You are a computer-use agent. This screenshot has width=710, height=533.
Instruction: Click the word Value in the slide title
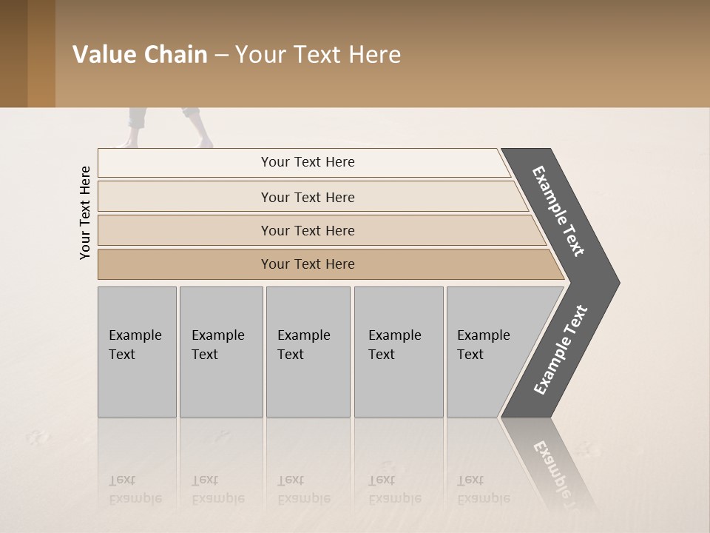click(x=101, y=55)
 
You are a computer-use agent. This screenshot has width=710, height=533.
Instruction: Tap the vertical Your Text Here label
click(x=85, y=212)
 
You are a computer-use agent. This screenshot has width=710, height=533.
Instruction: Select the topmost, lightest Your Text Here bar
click(x=307, y=162)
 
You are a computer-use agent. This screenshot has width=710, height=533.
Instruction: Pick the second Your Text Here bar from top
click(x=307, y=197)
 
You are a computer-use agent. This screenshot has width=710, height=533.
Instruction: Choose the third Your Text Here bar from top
click(x=307, y=230)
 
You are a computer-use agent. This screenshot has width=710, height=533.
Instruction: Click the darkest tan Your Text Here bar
click(x=307, y=264)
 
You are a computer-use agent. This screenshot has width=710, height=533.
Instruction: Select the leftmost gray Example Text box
click(x=137, y=352)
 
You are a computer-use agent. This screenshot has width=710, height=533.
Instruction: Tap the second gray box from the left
click(x=220, y=352)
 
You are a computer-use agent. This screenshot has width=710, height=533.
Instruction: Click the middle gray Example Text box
click(x=308, y=352)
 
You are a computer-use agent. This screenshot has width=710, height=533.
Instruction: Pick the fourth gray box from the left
click(x=398, y=352)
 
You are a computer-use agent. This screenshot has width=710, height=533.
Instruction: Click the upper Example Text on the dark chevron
click(x=558, y=211)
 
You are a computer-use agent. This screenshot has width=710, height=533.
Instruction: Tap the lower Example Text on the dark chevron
click(x=561, y=350)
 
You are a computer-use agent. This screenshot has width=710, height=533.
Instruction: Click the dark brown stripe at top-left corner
click(x=13, y=53)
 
